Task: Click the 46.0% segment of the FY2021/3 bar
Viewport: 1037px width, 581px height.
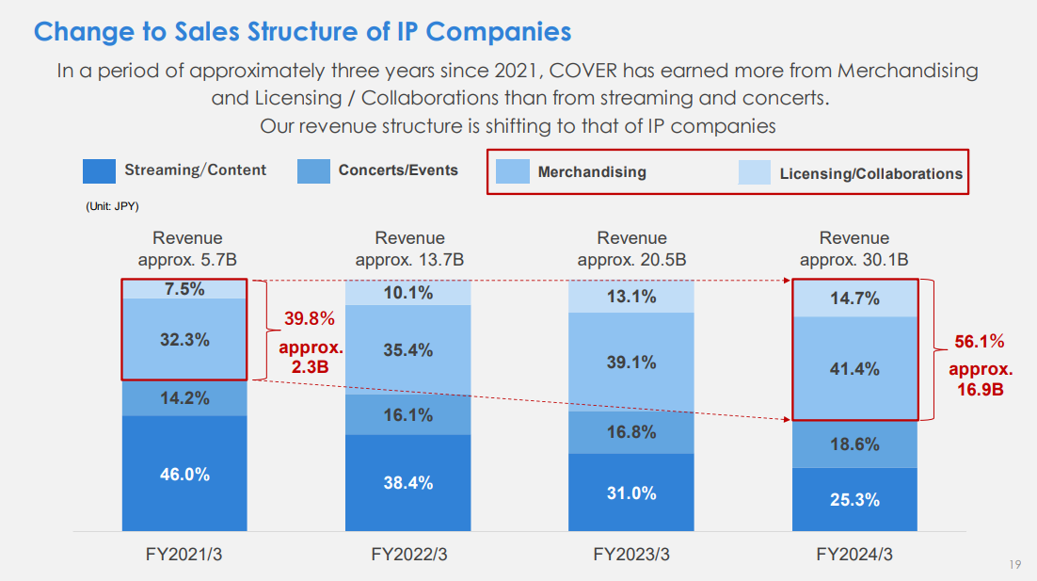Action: pos(184,474)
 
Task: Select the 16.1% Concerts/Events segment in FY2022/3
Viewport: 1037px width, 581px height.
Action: pos(407,414)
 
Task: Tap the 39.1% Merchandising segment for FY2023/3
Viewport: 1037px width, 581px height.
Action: pos(630,362)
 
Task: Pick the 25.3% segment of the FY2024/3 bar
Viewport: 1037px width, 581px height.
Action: pos(854,500)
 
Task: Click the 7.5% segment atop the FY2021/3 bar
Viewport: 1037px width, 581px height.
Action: pos(184,289)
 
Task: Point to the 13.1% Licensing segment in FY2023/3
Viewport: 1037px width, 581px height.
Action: pos(630,297)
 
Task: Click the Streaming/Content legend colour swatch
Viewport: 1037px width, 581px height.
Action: pos(99,170)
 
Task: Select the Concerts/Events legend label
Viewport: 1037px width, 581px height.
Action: pos(398,170)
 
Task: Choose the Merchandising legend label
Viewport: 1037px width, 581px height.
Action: pos(592,172)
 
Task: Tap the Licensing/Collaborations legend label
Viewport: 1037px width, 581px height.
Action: pos(870,173)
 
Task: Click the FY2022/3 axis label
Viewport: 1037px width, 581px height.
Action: pos(408,555)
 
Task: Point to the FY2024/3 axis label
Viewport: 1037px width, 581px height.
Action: pos(854,555)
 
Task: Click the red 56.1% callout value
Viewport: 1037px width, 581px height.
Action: pos(980,341)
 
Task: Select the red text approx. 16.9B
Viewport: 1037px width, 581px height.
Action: pos(980,379)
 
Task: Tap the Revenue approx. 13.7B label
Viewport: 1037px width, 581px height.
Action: pos(409,249)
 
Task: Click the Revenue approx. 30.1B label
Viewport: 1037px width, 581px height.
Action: pos(854,249)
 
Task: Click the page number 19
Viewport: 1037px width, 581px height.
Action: pos(1014,564)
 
